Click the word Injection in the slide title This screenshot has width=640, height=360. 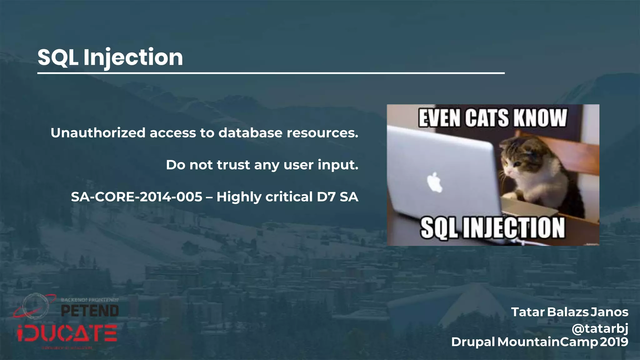click(x=133, y=57)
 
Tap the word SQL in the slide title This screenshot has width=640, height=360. click(x=58, y=57)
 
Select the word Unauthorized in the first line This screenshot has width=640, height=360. click(x=98, y=133)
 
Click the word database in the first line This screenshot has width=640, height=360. click(x=250, y=133)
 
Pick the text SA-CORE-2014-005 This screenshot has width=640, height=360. click(x=137, y=197)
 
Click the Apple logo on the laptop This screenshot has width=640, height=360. click(x=435, y=182)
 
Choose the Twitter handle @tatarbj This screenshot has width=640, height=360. click(x=600, y=328)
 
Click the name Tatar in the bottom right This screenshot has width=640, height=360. click(x=528, y=312)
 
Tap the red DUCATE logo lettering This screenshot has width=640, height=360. click(x=67, y=333)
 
